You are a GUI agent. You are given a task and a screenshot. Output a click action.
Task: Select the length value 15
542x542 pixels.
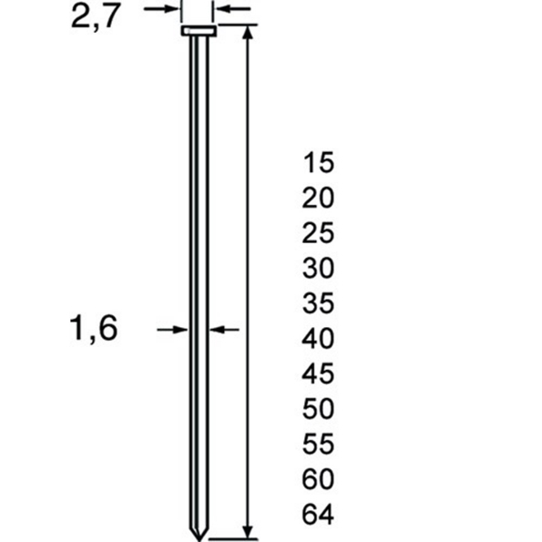click(x=318, y=163)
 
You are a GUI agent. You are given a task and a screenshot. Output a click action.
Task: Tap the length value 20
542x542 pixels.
click(x=318, y=199)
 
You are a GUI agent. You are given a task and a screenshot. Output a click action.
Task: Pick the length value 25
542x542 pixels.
click(x=318, y=234)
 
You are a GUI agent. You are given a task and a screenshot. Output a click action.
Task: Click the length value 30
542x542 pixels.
click(x=318, y=269)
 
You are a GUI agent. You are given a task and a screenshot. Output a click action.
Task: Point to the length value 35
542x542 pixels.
click(x=318, y=304)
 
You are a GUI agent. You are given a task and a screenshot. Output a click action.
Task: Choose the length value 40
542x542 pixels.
click(x=318, y=340)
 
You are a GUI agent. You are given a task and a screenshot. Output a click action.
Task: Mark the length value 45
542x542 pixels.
click(x=318, y=374)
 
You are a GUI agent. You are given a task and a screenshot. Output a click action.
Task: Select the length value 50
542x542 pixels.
click(x=318, y=410)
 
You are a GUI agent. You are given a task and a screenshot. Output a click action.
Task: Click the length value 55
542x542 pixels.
click(x=318, y=445)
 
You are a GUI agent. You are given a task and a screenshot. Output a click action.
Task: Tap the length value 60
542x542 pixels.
click(x=318, y=480)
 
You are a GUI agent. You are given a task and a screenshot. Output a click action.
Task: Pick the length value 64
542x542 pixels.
click(x=318, y=516)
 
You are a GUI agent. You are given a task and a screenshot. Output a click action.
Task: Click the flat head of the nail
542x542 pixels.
click(x=198, y=33)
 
